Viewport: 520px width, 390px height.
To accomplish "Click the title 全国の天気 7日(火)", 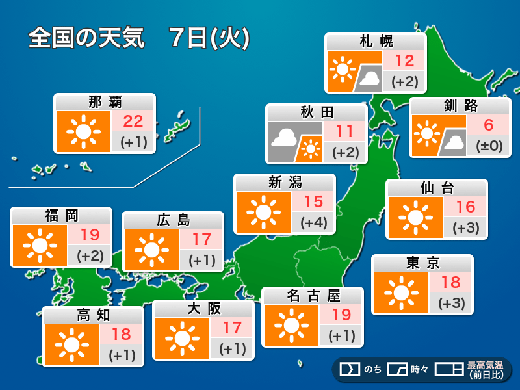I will click(x=138, y=38).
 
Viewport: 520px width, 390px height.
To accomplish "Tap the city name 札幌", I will click(x=376, y=42).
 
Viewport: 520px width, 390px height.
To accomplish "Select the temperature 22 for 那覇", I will click(x=133, y=120).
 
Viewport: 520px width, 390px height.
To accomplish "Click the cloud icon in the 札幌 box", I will click(x=370, y=79).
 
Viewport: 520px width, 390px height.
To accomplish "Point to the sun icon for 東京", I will click(x=400, y=292).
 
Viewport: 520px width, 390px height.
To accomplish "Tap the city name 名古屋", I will click(x=313, y=296).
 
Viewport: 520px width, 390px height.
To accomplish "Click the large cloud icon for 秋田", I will click(x=285, y=137).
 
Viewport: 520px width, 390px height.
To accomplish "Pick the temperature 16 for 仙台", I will click(x=465, y=207).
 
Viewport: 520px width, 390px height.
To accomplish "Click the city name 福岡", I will click(x=61, y=216).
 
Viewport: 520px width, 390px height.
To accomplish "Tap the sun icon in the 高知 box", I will click(x=71, y=344).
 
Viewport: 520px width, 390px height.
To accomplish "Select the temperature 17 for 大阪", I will click(x=232, y=328).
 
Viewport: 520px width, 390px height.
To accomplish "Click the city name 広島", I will click(x=173, y=220).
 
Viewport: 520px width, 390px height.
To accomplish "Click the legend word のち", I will click(x=372, y=369).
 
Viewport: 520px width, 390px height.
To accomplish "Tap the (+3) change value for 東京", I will click(x=450, y=302).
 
